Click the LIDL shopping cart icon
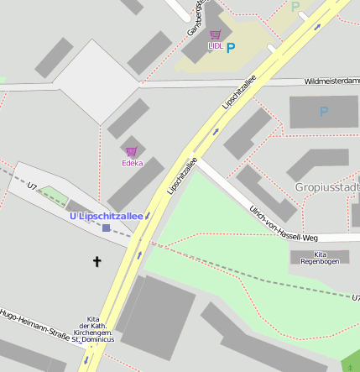click(x=216, y=35)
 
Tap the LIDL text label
click(x=216, y=46)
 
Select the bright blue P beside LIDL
click(x=231, y=48)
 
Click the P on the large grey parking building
click(x=324, y=111)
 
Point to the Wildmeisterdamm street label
click(x=331, y=81)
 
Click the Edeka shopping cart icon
click(x=131, y=151)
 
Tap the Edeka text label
click(x=132, y=162)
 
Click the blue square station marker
click(x=106, y=228)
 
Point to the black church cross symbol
click(x=97, y=262)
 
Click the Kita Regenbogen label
click(x=320, y=258)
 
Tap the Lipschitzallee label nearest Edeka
click(x=182, y=176)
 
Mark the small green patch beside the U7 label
click(x=53, y=195)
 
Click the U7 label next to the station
click(x=33, y=186)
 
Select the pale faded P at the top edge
click(x=295, y=6)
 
